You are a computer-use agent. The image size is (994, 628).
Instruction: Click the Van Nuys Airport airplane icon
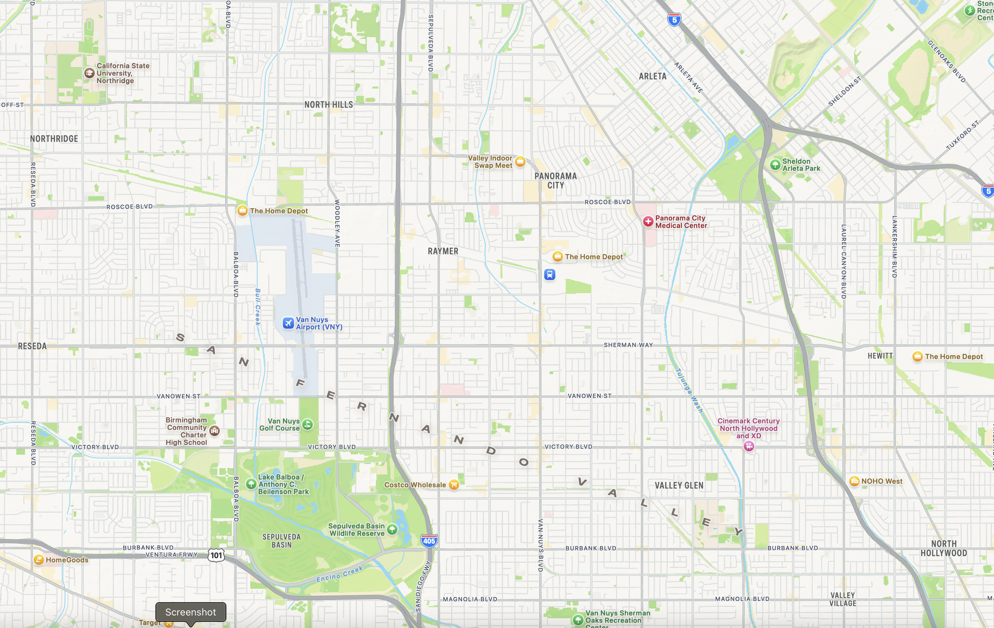(x=288, y=323)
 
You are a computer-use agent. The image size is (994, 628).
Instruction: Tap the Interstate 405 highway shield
(x=429, y=541)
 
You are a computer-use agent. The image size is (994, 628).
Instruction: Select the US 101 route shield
(x=216, y=555)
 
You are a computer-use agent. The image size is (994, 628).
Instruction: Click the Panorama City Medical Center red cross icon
(x=648, y=222)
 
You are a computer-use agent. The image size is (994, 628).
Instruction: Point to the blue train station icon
(x=549, y=274)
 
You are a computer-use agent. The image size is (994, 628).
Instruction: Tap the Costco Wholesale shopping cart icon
(x=454, y=485)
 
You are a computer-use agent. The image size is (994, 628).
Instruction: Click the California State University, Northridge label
(x=123, y=73)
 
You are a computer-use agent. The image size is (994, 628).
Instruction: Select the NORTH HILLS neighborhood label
(x=329, y=105)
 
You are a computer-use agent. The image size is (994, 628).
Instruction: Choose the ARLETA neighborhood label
(x=652, y=76)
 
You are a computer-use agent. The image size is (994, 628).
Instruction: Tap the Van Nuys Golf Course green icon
(x=308, y=424)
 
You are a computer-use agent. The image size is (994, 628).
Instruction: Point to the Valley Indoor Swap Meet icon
(x=520, y=162)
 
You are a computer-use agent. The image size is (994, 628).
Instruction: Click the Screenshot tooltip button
(x=191, y=612)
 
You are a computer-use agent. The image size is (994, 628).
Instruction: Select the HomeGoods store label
(x=67, y=560)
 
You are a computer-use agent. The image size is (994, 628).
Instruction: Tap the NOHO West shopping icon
(x=854, y=481)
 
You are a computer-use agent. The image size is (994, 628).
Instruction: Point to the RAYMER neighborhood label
(x=443, y=251)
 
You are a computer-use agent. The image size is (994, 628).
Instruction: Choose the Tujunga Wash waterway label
(x=689, y=390)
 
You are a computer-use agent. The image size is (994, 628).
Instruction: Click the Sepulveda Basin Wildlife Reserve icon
(x=392, y=529)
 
